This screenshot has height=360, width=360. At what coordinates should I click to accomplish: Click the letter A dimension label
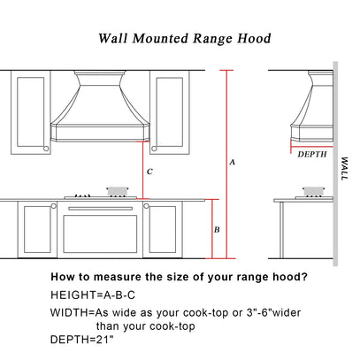point(232,162)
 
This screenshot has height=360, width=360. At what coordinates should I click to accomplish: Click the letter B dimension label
point(217,229)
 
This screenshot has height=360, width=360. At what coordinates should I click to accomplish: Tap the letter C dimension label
point(149,172)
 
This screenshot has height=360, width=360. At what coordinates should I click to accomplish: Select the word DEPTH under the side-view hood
point(312,154)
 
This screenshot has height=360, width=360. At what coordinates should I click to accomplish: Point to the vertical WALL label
point(344,168)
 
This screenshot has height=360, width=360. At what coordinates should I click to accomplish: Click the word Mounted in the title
point(160,38)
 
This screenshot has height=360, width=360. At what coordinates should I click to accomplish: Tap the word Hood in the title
point(254,38)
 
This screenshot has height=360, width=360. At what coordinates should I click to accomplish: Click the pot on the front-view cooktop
point(118,191)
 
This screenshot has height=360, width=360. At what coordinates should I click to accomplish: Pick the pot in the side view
point(313,191)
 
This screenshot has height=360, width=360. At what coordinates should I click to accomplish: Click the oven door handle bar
point(100,209)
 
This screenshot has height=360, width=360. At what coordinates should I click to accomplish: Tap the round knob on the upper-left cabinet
point(46,149)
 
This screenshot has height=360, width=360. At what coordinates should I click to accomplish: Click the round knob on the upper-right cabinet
point(154,149)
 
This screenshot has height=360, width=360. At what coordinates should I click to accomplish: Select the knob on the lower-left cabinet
point(53,205)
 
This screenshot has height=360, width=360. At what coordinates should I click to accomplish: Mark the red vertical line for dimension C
point(143,171)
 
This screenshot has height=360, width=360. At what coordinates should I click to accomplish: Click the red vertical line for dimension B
point(212,229)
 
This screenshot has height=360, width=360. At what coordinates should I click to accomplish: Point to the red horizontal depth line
point(312,147)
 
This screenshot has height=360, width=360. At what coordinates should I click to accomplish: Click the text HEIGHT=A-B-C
point(93,295)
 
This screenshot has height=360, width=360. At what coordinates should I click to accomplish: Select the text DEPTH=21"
point(82,340)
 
